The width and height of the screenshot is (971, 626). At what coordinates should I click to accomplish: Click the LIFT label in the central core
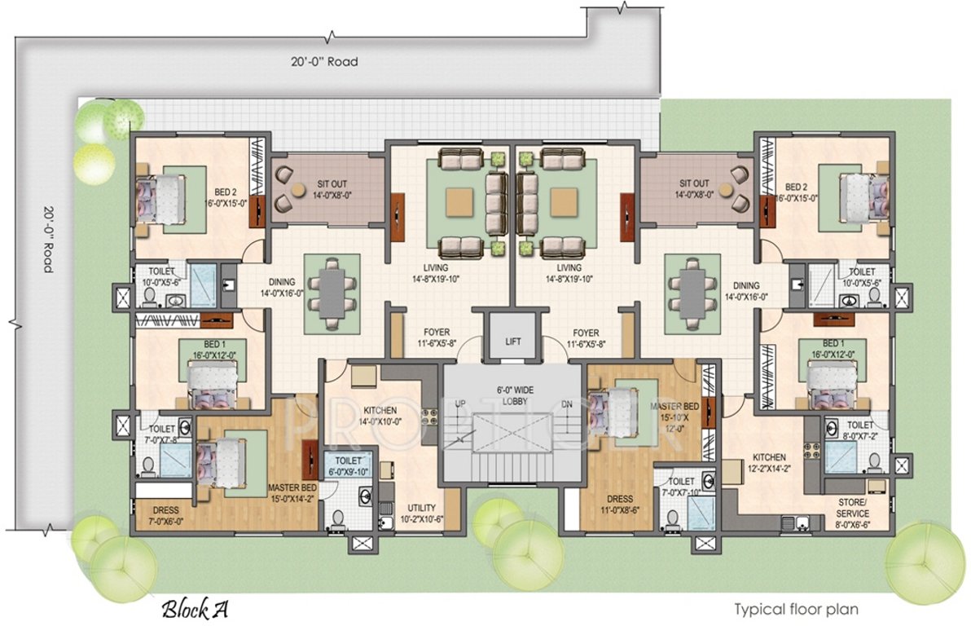(x=512, y=342)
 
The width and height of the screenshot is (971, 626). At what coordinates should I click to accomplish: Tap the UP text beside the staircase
(x=461, y=404)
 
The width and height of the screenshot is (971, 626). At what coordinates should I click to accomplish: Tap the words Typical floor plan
(x=796, y=608)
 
